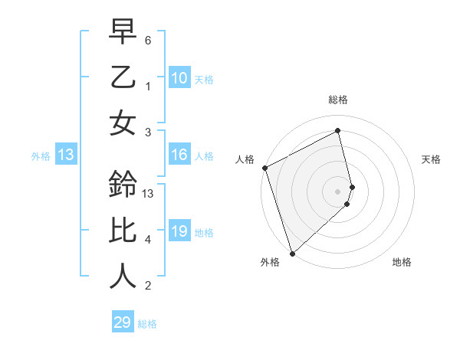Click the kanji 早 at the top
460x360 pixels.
tap(123, 31)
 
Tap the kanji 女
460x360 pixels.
tap(123, 123)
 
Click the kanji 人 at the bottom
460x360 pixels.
tap(123, 276)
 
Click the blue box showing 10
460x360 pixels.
tap(179, 77)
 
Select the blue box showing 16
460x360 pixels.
tap(179, 155)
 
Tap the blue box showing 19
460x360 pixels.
tap(179, 232)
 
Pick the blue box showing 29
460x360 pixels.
tap(123, 322)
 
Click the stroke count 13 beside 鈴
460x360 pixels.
tap(149, 193)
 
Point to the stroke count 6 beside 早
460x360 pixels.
tap(148, 39)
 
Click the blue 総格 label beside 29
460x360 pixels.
tap(147, 324)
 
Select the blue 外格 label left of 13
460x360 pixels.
tap(41, 156)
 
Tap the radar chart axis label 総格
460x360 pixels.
tap(338, 100)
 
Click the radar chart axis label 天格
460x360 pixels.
tap(431, 159)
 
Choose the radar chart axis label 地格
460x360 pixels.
tap(402, 262)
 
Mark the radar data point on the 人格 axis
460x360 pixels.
tap(264, 168)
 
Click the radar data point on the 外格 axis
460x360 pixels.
tap(292, 253)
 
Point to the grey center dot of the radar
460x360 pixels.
tap(338, 191)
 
